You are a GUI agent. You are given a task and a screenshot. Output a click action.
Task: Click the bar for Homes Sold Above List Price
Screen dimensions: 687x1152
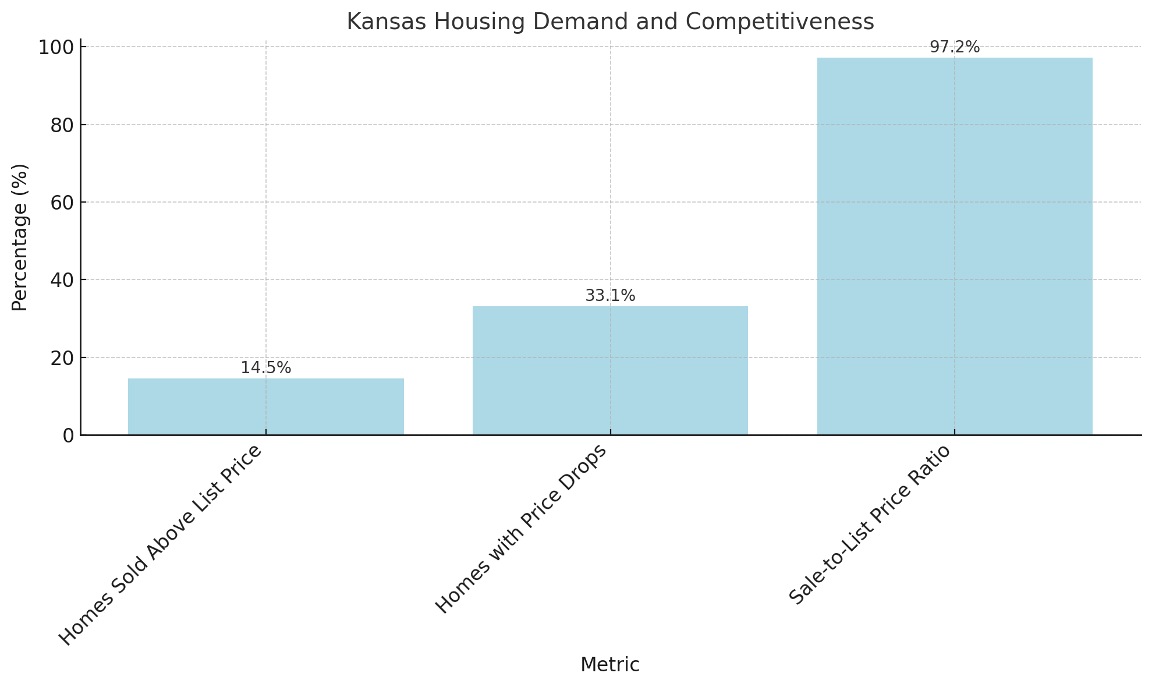265,406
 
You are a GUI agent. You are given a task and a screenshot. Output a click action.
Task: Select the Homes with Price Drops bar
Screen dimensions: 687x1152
610,370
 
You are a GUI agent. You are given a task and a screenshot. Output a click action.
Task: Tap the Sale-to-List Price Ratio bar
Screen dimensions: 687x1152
955,246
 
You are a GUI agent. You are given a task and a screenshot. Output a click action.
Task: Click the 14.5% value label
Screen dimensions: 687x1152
265,368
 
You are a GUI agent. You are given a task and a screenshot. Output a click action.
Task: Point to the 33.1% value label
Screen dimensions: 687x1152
610,296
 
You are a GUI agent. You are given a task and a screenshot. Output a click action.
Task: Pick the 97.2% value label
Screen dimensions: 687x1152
955,47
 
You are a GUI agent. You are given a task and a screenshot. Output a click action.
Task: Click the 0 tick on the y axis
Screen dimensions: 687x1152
68,435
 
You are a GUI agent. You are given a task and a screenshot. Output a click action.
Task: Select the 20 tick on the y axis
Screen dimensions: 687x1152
62,358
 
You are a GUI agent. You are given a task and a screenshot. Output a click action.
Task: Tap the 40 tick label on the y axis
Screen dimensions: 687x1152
62,280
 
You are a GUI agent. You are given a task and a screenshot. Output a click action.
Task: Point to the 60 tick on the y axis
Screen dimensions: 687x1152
62,203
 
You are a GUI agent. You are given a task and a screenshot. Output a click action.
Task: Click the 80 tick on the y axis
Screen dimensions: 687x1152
62,125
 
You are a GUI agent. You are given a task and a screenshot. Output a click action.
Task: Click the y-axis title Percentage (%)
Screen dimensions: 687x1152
20,237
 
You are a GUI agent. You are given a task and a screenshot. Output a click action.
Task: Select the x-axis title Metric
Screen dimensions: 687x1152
609,664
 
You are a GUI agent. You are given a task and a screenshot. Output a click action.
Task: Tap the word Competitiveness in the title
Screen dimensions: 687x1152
779,22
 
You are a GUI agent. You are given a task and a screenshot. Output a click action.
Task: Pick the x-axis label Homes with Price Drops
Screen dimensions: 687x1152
522,529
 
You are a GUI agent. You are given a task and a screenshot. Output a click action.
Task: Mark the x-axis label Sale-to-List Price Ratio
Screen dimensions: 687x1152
870,525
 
